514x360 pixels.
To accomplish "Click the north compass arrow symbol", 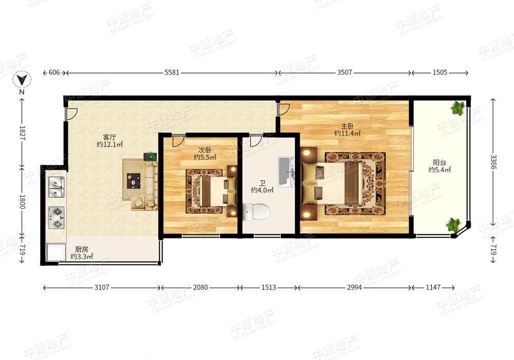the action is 22,80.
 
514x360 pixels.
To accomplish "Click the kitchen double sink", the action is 57,187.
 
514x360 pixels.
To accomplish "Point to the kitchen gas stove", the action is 57,218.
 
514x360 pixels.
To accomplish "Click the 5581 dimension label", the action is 172,73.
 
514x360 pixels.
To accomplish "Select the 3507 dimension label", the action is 344,73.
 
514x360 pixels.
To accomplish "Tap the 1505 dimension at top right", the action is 439,73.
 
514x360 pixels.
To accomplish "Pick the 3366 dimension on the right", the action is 493,161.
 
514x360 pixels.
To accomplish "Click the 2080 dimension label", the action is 200,287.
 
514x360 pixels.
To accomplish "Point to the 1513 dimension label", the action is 268,287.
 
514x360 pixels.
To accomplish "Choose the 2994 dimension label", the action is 354,287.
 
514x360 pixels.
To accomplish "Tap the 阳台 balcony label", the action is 439,163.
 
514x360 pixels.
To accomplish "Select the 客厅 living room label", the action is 109,137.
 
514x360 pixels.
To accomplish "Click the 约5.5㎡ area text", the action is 205,157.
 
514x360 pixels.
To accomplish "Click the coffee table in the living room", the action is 134,181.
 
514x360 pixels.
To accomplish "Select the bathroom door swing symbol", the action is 255,141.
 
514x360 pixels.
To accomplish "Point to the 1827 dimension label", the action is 22,133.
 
